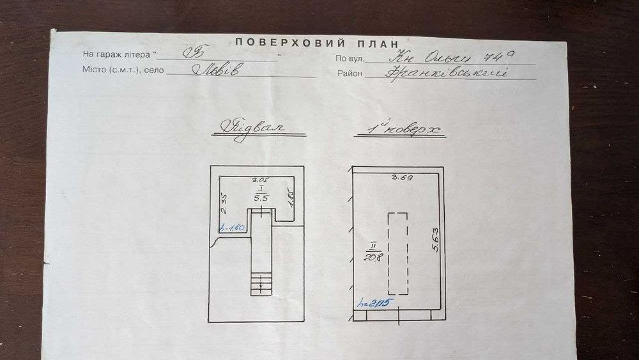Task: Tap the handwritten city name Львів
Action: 217,70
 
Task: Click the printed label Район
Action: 350,74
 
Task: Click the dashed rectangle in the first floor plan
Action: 397,253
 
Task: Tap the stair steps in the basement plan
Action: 261,281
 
